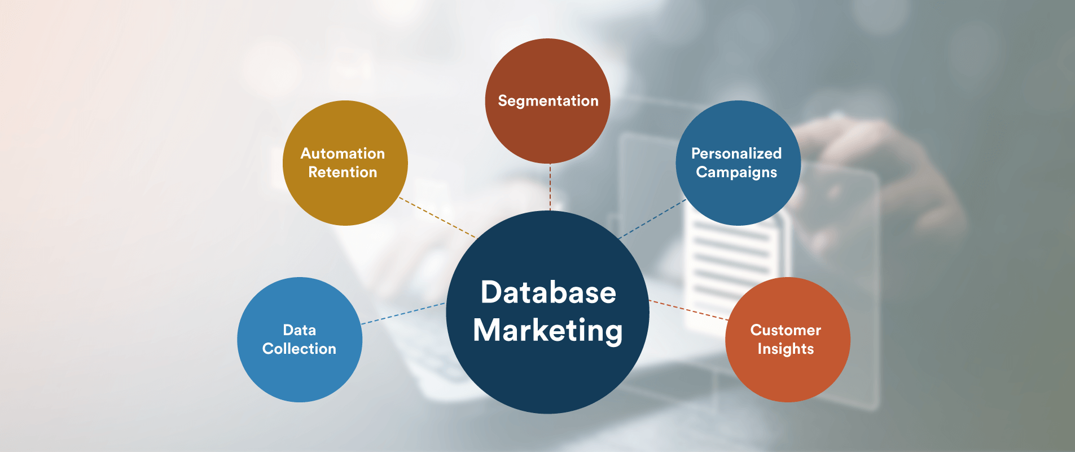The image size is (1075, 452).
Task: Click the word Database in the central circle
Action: [x=548, y=293]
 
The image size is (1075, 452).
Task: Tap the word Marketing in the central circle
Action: [x=548, y=331]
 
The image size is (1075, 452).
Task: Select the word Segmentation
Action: [x=548, y=101]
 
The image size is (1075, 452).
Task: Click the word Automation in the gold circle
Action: [x=343, y=153]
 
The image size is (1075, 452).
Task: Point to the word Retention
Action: [x=343, y=172]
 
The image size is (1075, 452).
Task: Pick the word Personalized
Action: [x=736, y=153]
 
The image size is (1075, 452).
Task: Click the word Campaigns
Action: [x=736, y=172]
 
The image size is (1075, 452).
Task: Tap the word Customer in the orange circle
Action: [x=786, y=330]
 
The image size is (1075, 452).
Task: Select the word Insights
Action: [x=786, y=349]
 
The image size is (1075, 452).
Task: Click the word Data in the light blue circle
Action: [x=299, y=330]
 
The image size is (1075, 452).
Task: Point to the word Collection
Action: [x=299, y=349]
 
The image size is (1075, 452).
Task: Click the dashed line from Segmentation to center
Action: [x=550, y=187]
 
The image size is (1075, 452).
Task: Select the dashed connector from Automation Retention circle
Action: [x=437, y=217]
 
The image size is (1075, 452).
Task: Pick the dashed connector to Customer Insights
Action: [x=688, y=310]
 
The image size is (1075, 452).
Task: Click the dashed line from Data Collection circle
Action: [x=403, y=314]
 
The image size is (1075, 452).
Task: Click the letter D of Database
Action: [x=491, y=293]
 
